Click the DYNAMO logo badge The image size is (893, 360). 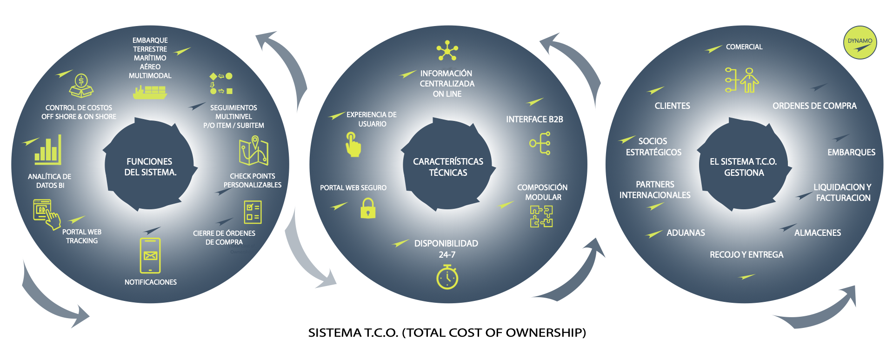pos(860,43)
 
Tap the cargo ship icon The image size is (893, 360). pos(149,92)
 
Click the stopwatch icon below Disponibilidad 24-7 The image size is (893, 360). pos(447,277)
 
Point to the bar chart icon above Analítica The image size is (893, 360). pos(48,150)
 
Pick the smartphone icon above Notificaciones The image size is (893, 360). pos(150,255)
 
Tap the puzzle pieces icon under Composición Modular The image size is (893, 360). pos(541,216)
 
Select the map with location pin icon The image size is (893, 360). pos(253,151)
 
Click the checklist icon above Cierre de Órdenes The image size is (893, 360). pos(253,212)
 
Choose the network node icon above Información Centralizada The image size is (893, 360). pos(447,50)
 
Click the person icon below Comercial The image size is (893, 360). pos(749,80)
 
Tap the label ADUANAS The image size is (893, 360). pos(686,233)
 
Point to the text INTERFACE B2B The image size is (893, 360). pos(534,120)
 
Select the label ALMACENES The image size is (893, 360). pos(817,233)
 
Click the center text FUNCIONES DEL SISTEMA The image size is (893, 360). pos(149,167)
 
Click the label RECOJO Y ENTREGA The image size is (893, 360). pos(746,254)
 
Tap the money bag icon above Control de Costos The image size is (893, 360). pos(81,86)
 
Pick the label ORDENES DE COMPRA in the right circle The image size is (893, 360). pos(814,106)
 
